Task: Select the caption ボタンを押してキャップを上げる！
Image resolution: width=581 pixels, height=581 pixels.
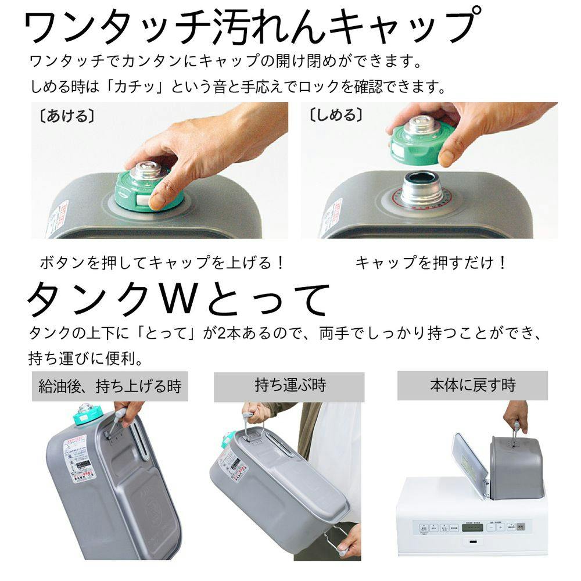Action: (x=163, y=263)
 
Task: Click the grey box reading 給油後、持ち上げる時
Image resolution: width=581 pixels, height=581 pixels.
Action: (x=110, y=386)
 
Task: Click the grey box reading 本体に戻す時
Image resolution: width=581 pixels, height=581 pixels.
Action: (x=472, y=385)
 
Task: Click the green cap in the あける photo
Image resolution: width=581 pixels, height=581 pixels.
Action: (x=148, y=189)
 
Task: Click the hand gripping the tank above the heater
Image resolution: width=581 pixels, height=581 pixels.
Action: (x=515, y=414)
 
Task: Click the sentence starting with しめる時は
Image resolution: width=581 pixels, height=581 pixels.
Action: (x=238, y=87)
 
